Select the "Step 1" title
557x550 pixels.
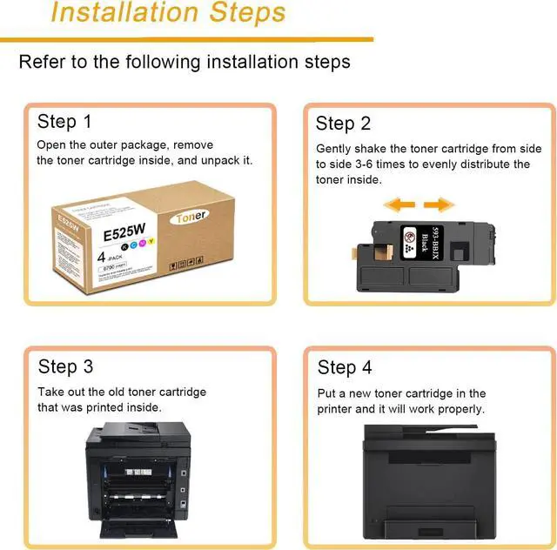coord(64,121)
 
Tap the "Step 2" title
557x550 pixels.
coord(343,123)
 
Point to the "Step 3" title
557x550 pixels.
coord(65,366)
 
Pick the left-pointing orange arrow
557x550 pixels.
coord(399,205)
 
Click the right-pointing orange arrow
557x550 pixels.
coord(439,205)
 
